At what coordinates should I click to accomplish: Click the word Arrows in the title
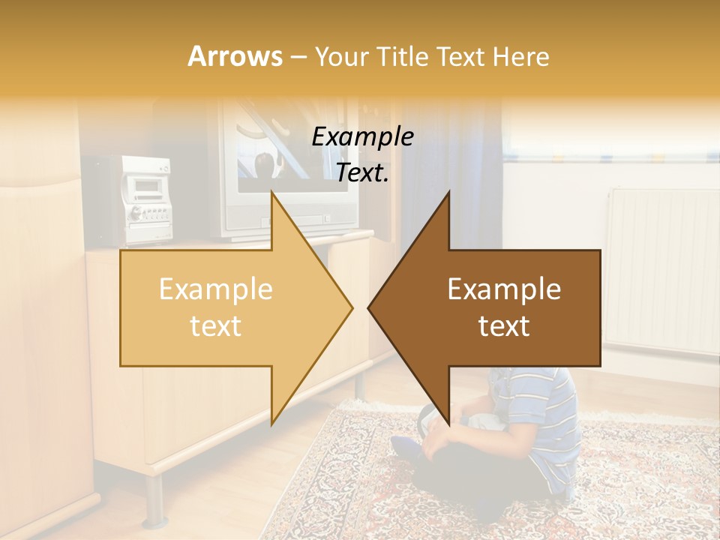click(x=235, y=56)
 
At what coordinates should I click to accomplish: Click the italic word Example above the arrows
click(x=362, y=136)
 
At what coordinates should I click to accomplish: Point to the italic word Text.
click(x=362, y=172)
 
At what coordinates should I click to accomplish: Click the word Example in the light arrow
click(x=215, y=289)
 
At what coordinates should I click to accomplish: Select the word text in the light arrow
click(x=215, y=325)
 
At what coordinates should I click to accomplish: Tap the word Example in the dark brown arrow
click(x=504, y=289)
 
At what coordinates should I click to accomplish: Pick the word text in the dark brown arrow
click(x=504, y=325)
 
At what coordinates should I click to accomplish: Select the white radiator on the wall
click(x=660, y=270)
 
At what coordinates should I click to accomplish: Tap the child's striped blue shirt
click(x=551, y=420)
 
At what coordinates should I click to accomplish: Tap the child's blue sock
click(x=405, y=448)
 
